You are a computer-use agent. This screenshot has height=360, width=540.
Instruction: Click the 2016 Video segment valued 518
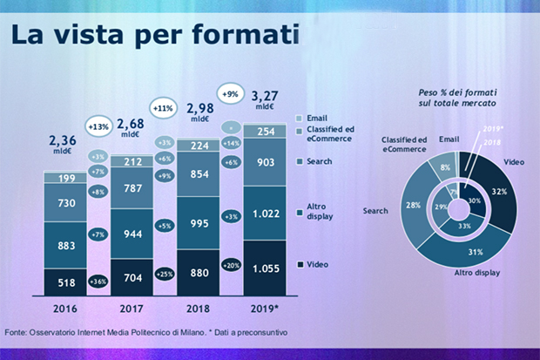point(66,282)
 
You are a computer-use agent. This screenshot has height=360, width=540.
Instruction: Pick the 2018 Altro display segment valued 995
point(200,224)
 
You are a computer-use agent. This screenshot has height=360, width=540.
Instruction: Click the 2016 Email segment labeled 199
point(66,180)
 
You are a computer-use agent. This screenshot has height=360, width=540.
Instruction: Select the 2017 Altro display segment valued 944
point(134,234)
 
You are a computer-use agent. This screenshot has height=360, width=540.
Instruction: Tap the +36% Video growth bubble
point(99,281)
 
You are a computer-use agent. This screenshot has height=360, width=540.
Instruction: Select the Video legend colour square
point(300,265)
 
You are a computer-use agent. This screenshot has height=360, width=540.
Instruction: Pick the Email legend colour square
point(300,118)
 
